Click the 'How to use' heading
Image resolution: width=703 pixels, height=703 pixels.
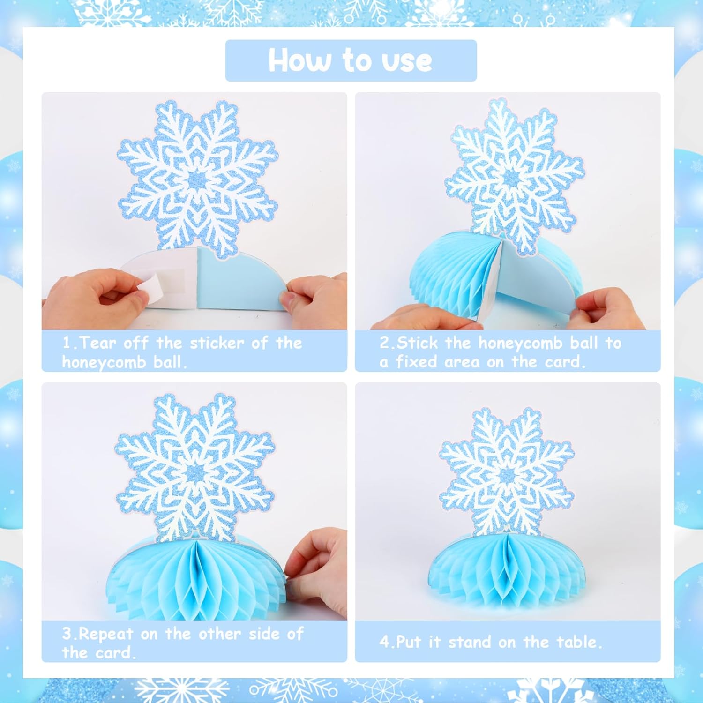tap(350, 60)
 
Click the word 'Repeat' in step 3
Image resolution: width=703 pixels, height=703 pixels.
tap(105, 634)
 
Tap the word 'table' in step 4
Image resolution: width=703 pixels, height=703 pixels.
tap(580, 642)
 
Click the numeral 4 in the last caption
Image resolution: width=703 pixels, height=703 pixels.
tap(384, 642)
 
